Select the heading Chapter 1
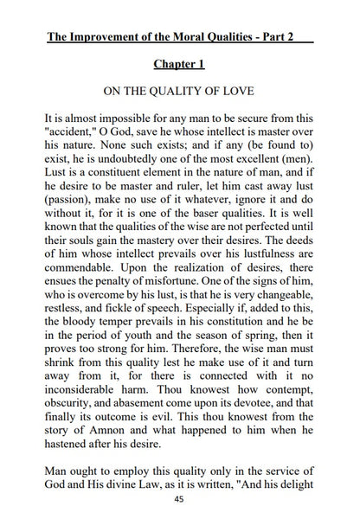[x=180, y=65]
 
